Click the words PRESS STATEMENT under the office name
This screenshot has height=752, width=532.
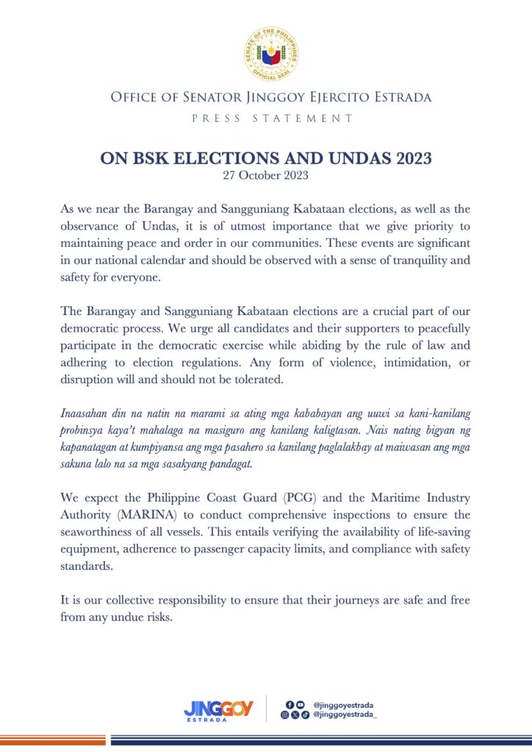[266, 117]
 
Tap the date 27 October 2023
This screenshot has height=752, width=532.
[266, 176]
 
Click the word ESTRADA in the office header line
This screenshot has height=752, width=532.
[395, 97]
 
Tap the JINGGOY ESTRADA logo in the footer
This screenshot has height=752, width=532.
[218, 710]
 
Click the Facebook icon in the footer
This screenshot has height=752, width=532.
[290, 705]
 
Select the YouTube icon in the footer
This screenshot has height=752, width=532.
[300, 705]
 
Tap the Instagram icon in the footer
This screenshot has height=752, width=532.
[285, 715]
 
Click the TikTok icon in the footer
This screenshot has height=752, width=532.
[305, 715]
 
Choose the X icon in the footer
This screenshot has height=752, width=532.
[295, 715]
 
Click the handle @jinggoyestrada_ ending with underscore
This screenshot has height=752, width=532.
[345, 715]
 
